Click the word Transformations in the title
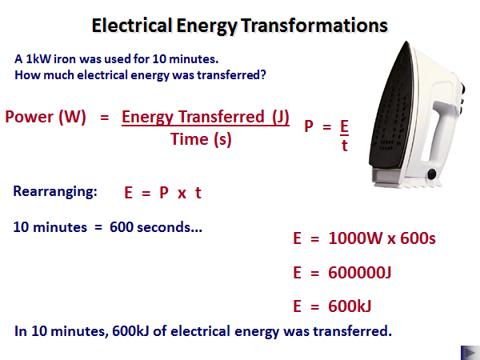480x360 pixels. [314, 25]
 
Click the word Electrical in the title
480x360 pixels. [132, 25]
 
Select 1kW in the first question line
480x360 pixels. [38, 58]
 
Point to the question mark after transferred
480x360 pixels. [263, 74]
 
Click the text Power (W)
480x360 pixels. [46, 117]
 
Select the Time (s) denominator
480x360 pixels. [201, 139]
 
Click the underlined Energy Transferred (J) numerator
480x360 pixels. [206, 118]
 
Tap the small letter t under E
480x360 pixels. [345, 146]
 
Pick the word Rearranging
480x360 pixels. [55, 191]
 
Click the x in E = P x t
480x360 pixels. [182, 194]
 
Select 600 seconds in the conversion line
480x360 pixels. [156, 227]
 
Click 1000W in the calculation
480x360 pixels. [355, 238]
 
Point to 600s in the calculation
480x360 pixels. [418, 238]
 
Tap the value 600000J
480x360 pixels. [360, 272]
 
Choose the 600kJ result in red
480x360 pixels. [350, 306]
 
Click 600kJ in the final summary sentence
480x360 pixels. [130, 331]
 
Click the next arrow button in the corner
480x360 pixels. [470, 353]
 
